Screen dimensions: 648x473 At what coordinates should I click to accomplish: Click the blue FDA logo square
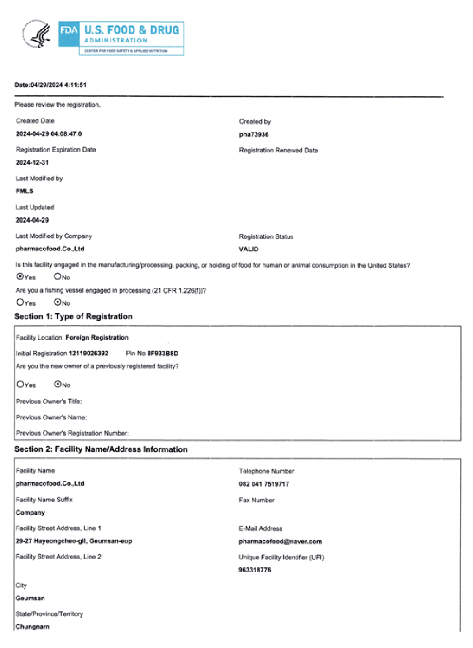coord(69,31)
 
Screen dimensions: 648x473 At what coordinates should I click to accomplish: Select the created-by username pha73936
coord(254,135)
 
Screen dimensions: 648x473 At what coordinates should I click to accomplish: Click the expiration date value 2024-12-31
coord(32,162)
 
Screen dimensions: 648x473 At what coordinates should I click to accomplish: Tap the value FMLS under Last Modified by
coord(24,191)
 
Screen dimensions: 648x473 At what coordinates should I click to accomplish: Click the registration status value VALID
coord(249,249)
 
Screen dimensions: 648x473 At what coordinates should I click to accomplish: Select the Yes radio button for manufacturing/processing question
coord(20,277)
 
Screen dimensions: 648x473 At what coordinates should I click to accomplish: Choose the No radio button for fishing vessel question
coord(57,302)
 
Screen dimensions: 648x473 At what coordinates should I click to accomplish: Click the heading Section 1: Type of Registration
coord(73,316)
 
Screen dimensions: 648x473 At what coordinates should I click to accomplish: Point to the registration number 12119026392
coord(89,353)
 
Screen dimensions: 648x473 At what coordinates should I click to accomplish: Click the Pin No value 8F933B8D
coord(163,353)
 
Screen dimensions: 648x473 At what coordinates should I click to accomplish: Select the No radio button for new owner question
coord(57,384)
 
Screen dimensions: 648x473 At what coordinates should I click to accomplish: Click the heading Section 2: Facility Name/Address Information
coord(101,450)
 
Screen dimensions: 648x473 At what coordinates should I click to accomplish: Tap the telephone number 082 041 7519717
coord(264,484)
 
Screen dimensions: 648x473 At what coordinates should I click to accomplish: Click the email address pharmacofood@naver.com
coord(280,542)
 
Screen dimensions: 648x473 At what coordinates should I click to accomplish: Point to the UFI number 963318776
coord(255,570)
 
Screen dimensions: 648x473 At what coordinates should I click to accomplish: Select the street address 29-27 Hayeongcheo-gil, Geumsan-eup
coord(73,541)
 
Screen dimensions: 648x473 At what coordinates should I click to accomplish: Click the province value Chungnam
coord(32,627)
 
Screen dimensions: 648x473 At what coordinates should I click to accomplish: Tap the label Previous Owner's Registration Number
coord(73,433)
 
